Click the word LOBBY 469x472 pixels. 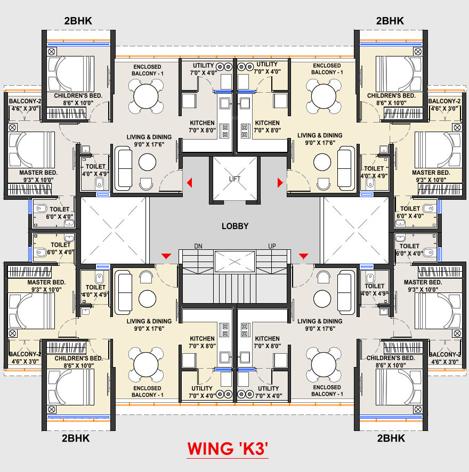tap(235, 226)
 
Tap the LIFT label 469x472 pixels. tap(235, 179)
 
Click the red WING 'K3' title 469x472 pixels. tap(227, 449)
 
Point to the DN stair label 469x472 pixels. tap(198, 246)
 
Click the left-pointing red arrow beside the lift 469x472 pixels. tap(189, 183)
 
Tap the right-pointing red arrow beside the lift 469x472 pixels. tap(280, 183)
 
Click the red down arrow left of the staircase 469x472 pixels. tap(166, 257)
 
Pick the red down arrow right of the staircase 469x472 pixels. tap(303, 257)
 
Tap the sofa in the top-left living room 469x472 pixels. tap(124, 168)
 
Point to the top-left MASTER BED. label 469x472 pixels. tap(38, 173)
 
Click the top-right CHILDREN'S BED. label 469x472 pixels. tap(391, 95)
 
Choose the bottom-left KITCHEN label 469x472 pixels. tap(202, 338)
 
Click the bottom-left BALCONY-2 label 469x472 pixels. tap(25, 354)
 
